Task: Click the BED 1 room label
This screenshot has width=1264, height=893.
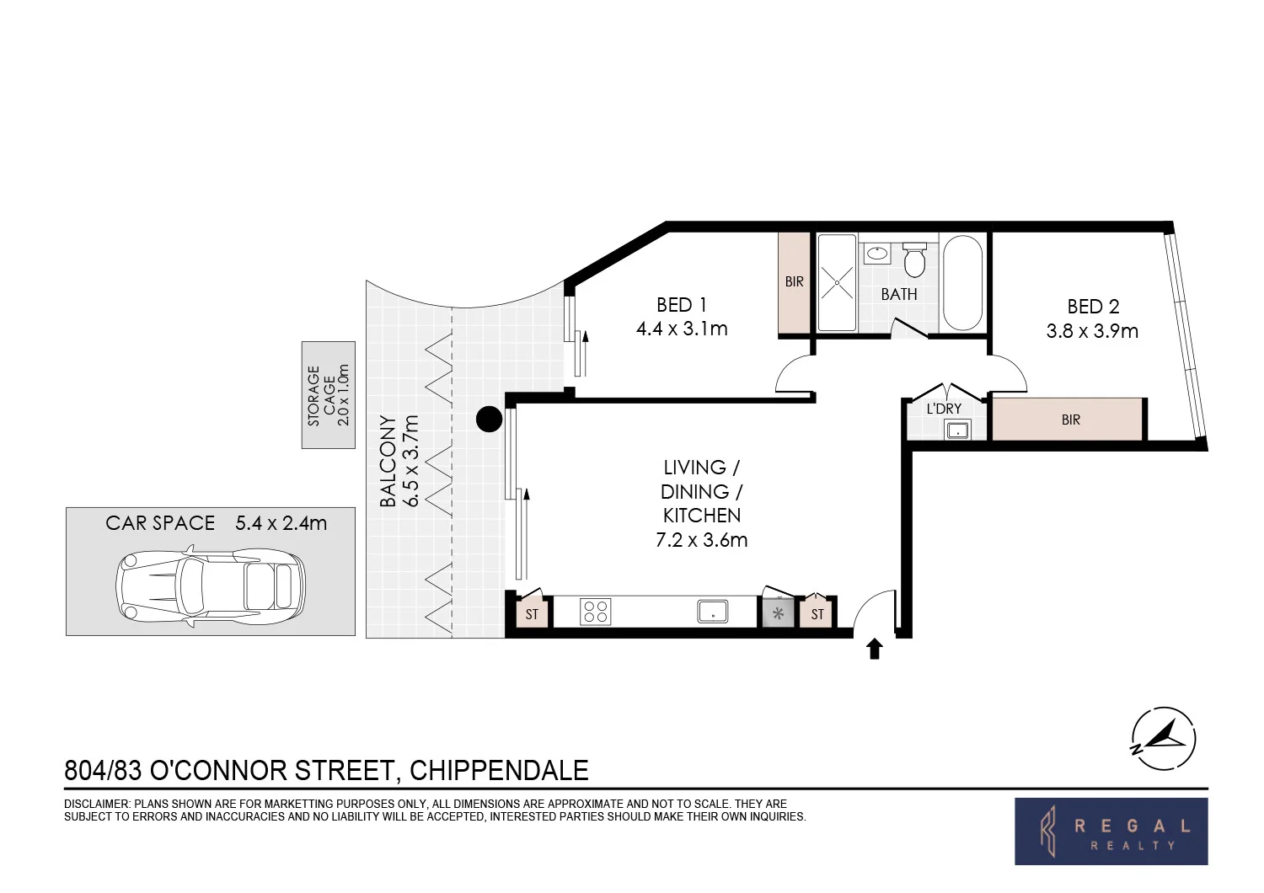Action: pos(682,305)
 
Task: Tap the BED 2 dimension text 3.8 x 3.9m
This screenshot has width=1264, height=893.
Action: pos(1092,331)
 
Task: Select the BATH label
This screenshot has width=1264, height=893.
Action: pos(899,294)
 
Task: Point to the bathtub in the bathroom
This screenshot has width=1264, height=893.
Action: pos(962,283)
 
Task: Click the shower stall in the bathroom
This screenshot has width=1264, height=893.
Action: pos(837,283)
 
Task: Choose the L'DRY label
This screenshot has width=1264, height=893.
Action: pos(944,409)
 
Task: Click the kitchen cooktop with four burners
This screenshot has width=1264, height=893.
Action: pos(596,611)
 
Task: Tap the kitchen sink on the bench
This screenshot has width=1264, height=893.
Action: pos(713,611)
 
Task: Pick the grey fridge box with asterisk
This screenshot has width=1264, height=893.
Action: pos(779,612)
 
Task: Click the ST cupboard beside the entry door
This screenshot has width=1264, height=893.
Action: pos(817,613)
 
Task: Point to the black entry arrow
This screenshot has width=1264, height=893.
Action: pos(875,648)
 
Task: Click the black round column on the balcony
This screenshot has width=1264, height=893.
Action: pos(489,419)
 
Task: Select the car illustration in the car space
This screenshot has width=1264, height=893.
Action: pos(209,586)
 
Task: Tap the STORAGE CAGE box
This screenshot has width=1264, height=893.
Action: pos(329,395)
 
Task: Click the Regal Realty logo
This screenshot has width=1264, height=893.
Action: pos(1111,832)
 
